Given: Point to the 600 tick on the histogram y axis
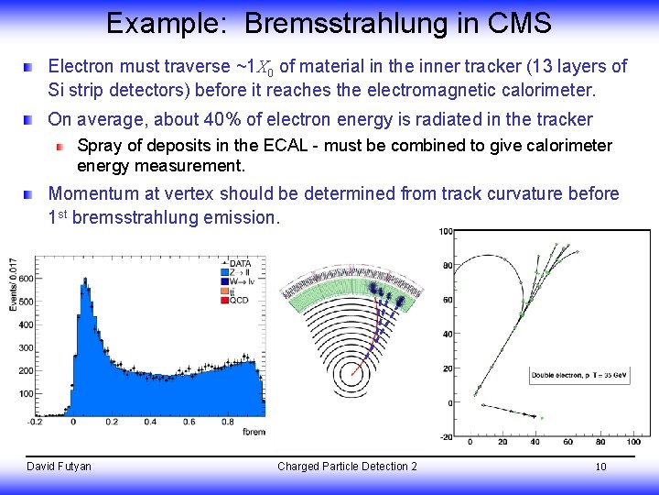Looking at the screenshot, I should tap(26, 279).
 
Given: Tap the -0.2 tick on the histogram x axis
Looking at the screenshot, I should tap(35, 423).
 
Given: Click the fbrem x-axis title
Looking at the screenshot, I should tap(254, 432).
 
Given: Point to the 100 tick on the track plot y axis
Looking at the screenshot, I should tap(446, 231).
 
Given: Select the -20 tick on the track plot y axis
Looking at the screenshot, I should tap(445, 436).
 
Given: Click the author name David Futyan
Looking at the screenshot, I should tap(59, 467).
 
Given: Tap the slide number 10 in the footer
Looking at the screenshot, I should tap(600, 467).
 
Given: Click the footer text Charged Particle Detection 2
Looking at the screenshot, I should tap(347, 467).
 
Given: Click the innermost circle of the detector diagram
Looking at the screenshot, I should tap(349, 375).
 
